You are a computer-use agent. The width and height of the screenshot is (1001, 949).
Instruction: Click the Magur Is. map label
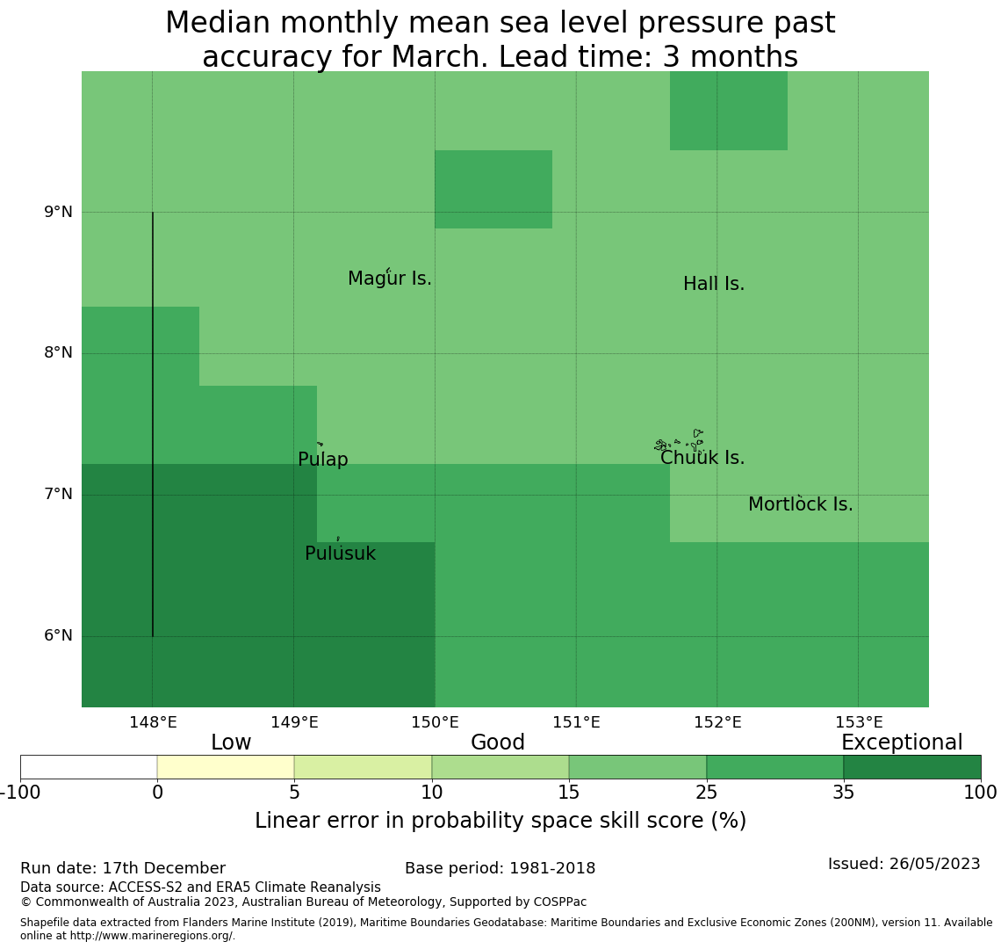pos(390,279)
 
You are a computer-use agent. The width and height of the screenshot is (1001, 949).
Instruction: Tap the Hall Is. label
pos(714,285)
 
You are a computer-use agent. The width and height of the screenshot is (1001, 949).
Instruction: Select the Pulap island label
pos(323,460)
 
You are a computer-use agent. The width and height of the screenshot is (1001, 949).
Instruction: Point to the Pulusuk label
pos(340,554)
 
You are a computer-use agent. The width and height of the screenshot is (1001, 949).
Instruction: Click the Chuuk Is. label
pos(702,459)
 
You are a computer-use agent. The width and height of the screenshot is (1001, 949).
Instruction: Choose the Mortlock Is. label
pos(800,505)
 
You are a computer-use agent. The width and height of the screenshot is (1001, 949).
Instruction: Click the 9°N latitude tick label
pos(58,212)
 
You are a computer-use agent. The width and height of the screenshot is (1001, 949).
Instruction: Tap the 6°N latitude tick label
pos(58,635)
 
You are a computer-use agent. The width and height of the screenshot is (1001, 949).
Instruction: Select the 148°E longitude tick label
pos(153,723)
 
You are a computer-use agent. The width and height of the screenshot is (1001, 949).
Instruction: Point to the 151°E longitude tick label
pos(576,723)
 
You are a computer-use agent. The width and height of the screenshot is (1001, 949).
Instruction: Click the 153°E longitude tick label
pos(859,723)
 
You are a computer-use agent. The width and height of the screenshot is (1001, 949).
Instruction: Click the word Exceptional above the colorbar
pos(902,743)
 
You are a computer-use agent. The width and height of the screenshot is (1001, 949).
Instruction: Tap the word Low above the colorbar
pos(231,743)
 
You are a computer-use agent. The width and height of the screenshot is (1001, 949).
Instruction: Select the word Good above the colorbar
pos(498,743)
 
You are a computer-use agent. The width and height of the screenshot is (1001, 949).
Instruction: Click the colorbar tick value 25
pos(706,793)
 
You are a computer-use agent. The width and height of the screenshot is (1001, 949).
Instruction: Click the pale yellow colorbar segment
pos(226,767)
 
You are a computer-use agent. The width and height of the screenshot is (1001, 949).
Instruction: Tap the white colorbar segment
pos(89,767)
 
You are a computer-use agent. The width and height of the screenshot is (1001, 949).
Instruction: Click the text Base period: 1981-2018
pos(500,869)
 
